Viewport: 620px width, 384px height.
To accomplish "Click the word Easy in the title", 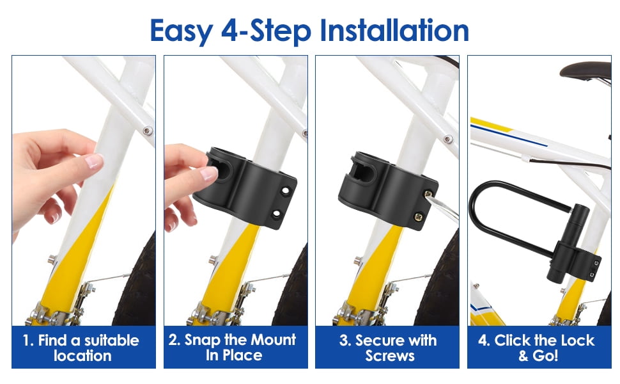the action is [182, 31].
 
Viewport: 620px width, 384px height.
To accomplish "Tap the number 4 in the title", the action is [229, 31].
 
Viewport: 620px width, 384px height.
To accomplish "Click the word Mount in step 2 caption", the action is [273, 340].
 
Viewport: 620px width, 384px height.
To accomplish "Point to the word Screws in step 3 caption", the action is [390, 355].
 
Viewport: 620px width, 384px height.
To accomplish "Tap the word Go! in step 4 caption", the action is [545, 355].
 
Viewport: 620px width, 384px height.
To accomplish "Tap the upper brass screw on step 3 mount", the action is [428, 194].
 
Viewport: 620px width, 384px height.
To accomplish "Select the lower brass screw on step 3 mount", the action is [417, 216].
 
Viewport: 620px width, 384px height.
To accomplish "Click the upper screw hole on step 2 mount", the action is [286, 191].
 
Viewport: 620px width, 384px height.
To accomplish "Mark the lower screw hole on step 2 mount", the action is [276, 214].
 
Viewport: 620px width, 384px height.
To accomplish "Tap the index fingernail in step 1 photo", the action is [94, 161].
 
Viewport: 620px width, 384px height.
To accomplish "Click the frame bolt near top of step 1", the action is [148, 131].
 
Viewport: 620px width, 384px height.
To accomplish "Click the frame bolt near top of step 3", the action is [448, 139].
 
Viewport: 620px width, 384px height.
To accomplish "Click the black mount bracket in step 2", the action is [246, 188].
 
